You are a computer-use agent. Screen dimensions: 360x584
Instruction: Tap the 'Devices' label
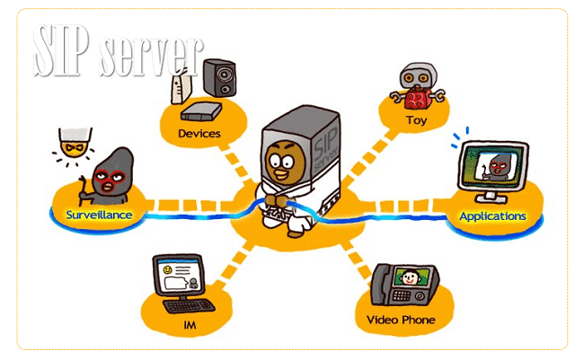199,134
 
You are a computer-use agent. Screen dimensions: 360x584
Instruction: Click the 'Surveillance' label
100,215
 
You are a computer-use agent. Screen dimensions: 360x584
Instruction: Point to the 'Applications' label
492,216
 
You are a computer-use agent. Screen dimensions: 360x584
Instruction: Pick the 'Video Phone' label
401,320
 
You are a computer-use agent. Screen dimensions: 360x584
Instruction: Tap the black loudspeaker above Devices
220,78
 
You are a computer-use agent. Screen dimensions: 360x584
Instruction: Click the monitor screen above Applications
492,168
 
